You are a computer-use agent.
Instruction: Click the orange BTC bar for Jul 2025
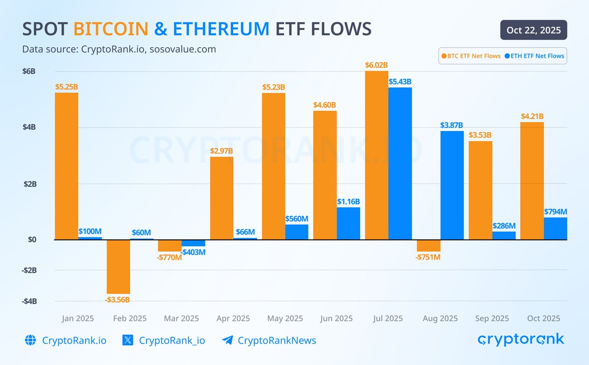click(x=376, y=156)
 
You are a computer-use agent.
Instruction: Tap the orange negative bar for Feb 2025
click(x=118, y=266)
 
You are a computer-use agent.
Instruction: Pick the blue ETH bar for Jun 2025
click(x=348, y=223)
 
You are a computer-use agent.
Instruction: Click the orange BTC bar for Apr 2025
click(x=221, y=198)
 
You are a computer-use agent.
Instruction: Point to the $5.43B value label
click(x=400, y=82)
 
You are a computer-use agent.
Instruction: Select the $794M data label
click(x=555, y=211)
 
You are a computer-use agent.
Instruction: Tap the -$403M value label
click(x=193, y=252)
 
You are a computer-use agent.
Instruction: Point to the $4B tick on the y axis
click(x=29, y=127)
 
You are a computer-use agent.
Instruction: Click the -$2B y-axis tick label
click(x=29, y=270)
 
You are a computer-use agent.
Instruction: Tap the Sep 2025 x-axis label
click(x=492, y=318)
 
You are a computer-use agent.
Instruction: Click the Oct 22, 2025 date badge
click(x=534, y=30)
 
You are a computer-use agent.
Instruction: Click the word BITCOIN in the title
click(x=111, y=29)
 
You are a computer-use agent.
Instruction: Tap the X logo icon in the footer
click(x=128, y=340)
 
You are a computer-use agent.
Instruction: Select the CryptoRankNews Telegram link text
click(x=277, y=340)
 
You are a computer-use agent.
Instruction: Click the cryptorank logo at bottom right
click(x=521, y=339)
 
